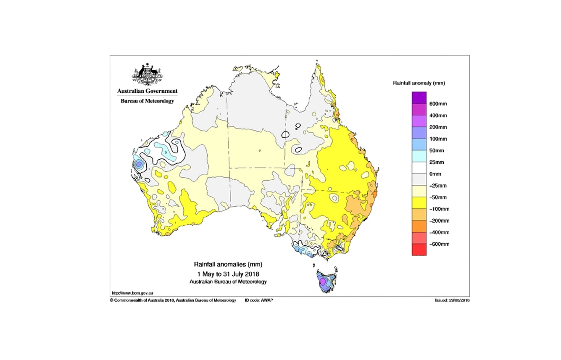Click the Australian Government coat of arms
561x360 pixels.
(x=147, y=74)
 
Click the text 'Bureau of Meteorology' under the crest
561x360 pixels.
(x=147, y=101)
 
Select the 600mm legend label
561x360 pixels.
(x=438, y=104)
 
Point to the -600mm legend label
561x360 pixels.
(x=439, y=244)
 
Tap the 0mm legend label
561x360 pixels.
(x=435, y=174)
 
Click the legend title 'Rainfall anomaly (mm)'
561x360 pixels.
(x=419, y=83)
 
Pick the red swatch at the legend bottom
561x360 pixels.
(x=419, y=250)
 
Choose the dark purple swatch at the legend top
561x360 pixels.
(x=419, y=97)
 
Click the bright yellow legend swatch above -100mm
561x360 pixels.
(x=419, y=203)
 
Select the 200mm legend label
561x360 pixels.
(x=438, y=127)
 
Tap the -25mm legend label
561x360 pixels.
(x=437, y=186)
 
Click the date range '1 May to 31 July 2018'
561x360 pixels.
(x=228, y=273)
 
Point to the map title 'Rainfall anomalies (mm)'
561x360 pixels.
(x=228, y=265)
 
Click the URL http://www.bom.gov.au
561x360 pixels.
(x=129, y=293)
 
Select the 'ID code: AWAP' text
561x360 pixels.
(x=259, y=300)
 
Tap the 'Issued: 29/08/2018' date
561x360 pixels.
(x=452, y=300)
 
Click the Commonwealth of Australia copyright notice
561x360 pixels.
(x=173, y=300)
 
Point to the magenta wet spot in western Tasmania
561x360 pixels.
(x=322, y=282)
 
